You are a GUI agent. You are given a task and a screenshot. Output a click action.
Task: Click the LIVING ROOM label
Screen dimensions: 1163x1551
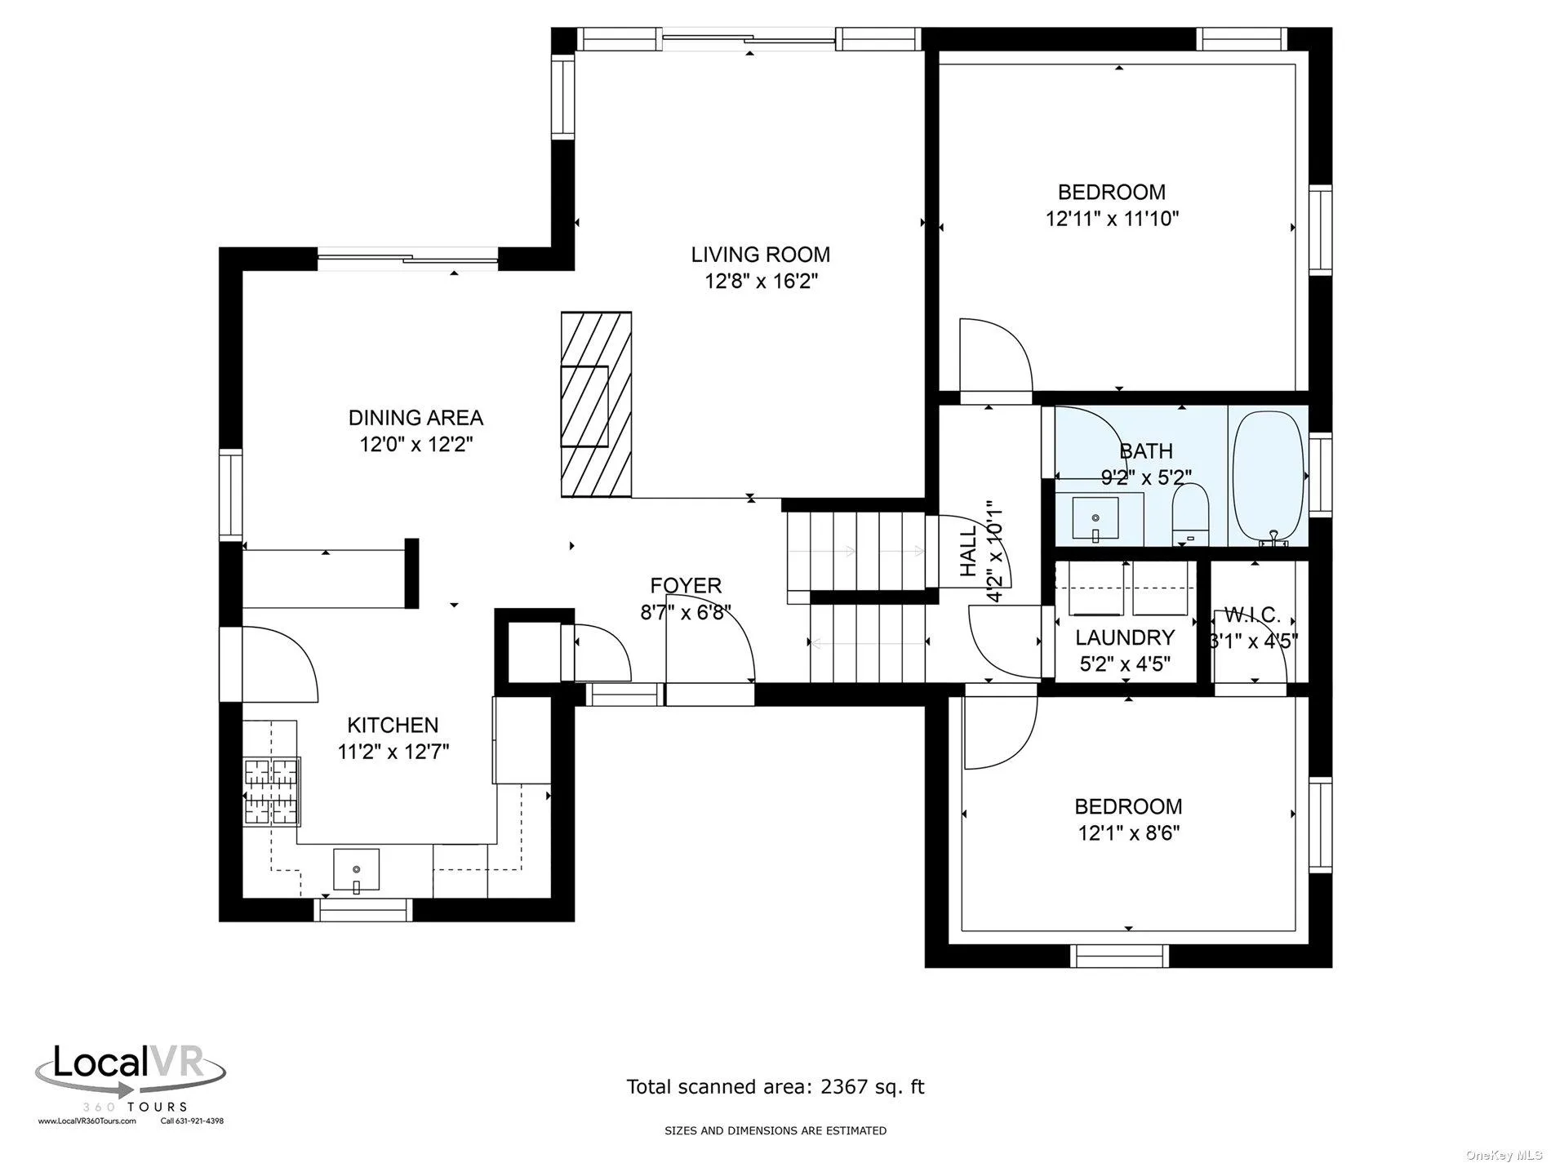[760, 255]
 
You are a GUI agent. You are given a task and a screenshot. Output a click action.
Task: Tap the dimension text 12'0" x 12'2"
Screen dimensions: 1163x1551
[416, 445]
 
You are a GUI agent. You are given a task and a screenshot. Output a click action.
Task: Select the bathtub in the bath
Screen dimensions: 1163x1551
[1268, 476]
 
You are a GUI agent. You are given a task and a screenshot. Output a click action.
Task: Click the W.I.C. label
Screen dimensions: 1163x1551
[1252, 615]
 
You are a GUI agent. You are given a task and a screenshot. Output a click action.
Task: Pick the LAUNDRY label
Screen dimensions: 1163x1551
[1124, 637]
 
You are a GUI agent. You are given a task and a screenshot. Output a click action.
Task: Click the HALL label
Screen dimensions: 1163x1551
[968, 552]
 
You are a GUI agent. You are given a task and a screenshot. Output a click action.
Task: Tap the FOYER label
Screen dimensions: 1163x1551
[686, 585]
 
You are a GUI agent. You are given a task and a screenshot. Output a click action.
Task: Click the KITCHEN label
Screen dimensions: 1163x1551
[393, 725]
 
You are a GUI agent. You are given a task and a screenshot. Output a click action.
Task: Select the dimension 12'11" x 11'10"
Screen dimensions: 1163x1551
[1112, 219]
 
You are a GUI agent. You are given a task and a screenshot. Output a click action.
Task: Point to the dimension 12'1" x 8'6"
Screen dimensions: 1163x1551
[1128, 833]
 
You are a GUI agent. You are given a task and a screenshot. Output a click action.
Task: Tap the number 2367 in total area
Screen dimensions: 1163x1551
[846, 1086]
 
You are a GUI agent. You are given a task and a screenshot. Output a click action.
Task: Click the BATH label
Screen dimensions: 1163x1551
[1145, 451]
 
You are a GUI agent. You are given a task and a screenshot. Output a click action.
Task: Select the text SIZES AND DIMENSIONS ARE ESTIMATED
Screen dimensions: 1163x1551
[775, 1130]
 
